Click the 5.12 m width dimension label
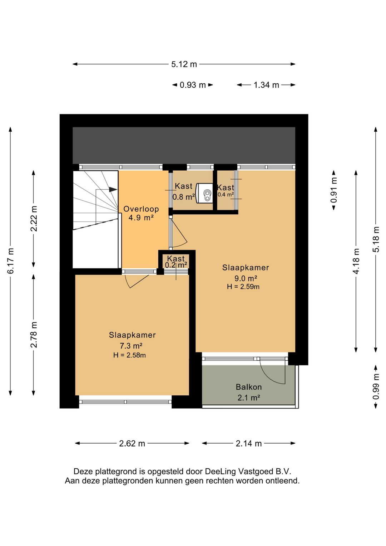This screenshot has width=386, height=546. [184, 64]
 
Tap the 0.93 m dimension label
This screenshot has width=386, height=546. [193, 85]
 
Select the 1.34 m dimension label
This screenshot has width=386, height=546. [266, 85]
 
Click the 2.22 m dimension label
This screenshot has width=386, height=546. [34, 218]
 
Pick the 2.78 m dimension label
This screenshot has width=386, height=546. [34, 335]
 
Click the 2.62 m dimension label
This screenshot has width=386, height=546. [132, 443]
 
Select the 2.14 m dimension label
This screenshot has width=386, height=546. [249, 443]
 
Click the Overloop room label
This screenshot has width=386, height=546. [141, 209]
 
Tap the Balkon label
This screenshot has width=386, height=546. [249, 387]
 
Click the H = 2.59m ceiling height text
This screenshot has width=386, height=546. [243, 287]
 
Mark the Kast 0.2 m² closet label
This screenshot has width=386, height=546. [176, 261]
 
